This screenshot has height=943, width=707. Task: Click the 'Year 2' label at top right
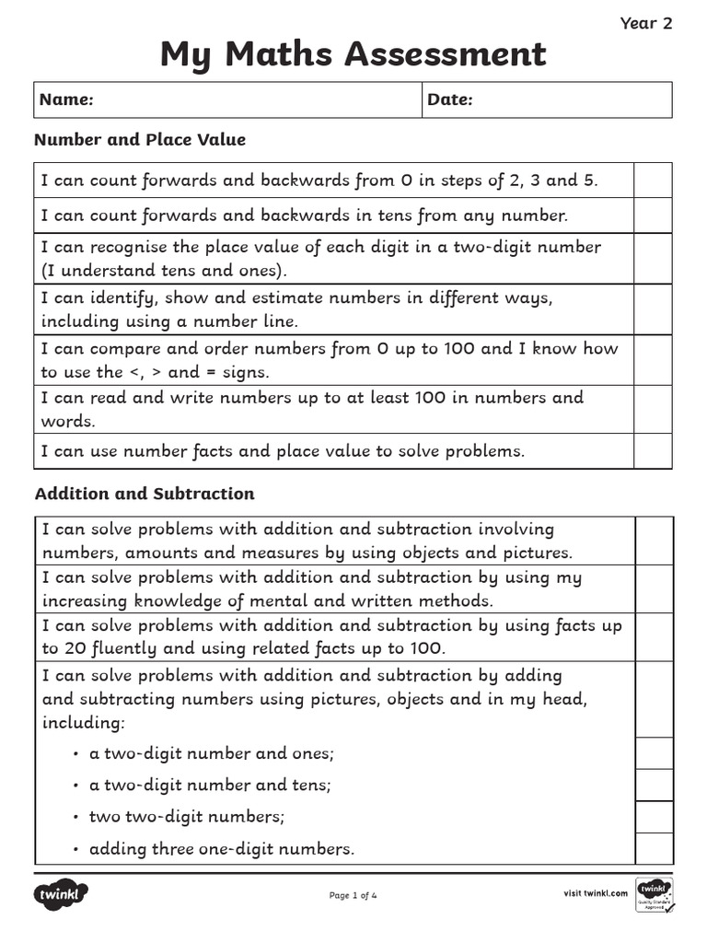coord(646,24)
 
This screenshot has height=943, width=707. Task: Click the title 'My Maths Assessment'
coord(353,54)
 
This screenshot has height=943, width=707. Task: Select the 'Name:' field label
coord(66,99)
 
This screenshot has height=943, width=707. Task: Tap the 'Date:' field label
coord(450,99)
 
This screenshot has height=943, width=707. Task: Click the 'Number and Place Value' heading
coord(140,140)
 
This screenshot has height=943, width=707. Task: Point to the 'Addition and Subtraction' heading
coord(145,494)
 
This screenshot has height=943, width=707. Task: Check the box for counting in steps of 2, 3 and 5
coord(653,180)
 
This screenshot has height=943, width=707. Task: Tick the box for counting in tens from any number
coord(653,215)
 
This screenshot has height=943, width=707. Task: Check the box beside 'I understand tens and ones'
coord(653,259)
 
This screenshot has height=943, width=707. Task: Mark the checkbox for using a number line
coord(653,309)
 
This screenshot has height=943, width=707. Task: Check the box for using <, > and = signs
coord(653,360)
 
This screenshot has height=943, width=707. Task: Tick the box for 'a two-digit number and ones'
coord(654,753)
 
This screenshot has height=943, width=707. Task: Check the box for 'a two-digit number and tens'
coord(654,785)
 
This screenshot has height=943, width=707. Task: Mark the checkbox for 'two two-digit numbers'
coord(654,817)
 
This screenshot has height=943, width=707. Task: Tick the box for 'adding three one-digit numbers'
coord(654,848)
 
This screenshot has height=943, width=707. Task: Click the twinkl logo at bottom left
coord(62,894)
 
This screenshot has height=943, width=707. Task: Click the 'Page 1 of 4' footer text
coord(353,895)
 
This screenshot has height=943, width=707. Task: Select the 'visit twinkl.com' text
coord(595,892)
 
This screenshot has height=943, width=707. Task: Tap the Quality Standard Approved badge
coord(655,895)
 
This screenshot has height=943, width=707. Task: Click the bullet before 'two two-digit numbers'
coord(75,817)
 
